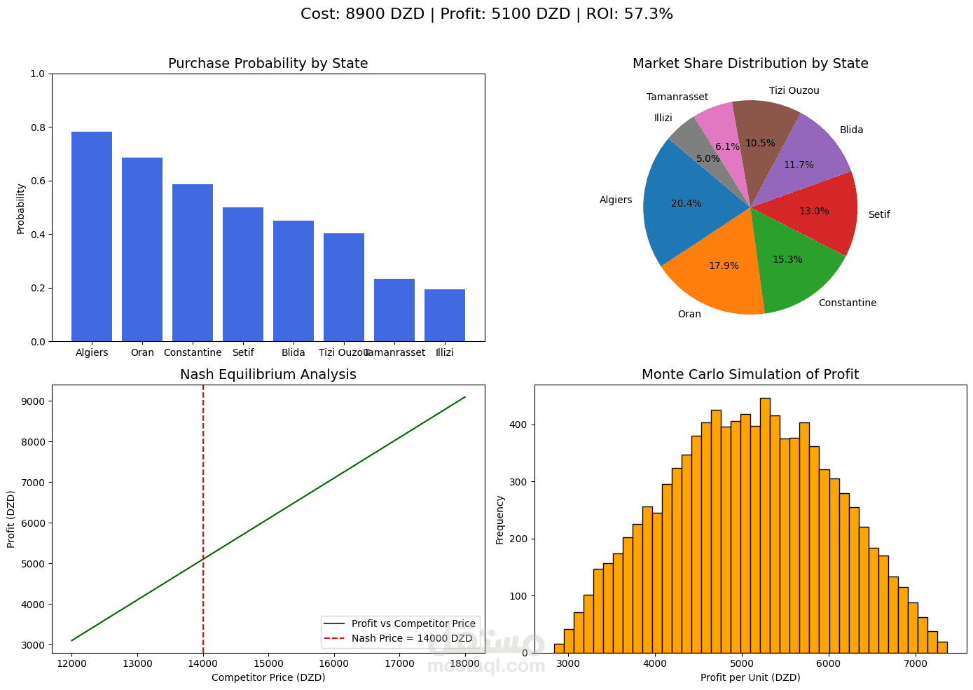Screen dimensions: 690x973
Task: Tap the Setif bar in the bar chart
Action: [x=243, y=275]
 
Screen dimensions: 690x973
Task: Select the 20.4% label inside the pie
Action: [x=686, y=204]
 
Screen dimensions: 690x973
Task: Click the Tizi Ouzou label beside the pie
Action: [x=794, y=91]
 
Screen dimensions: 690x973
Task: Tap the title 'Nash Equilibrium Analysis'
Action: [x=268, y=375]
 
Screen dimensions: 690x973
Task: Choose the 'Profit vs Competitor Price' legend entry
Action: [x=413, y=623]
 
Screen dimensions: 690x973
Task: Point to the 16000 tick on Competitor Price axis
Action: [x=333, y=663]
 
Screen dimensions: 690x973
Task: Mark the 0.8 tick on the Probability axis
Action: [x=37, y=127]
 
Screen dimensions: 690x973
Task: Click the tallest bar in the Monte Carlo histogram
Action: [x=765, y=525]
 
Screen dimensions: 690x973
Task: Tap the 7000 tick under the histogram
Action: [x=915, y=663]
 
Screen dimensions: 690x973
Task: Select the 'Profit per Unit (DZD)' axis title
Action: [x=750, y=677]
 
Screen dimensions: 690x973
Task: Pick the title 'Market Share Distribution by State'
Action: [x=750, y=64]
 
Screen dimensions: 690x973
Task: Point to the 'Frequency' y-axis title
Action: [x=500, y=519]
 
